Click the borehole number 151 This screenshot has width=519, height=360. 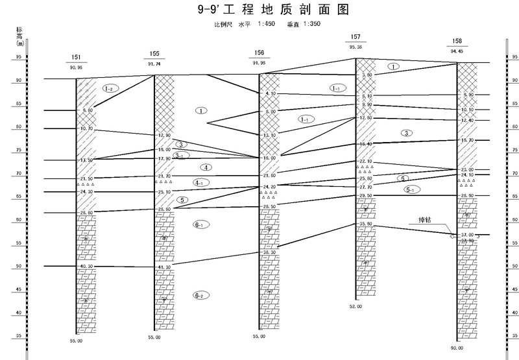click(76, 57)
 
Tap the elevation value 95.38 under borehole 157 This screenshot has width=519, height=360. click(356, 47)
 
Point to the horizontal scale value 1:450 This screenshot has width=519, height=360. click(267, 25)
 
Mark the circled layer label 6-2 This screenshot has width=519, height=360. click(201, 295)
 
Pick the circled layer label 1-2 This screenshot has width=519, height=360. click(111, 88)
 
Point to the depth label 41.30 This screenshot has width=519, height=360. click(164, 267)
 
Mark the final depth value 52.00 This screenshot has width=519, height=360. click(356, 306)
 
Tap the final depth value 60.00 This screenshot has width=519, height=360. click(457, 348)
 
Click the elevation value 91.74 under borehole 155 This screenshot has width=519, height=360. click(154, 64)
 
